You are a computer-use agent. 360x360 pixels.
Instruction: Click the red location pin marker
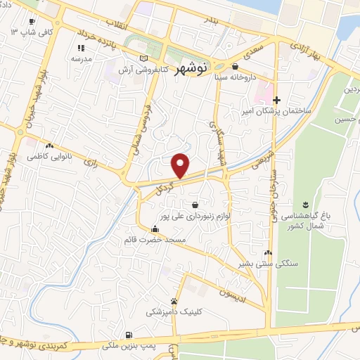pos(181,165)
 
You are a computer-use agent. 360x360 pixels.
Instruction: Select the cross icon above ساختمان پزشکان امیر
pos(277,101)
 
